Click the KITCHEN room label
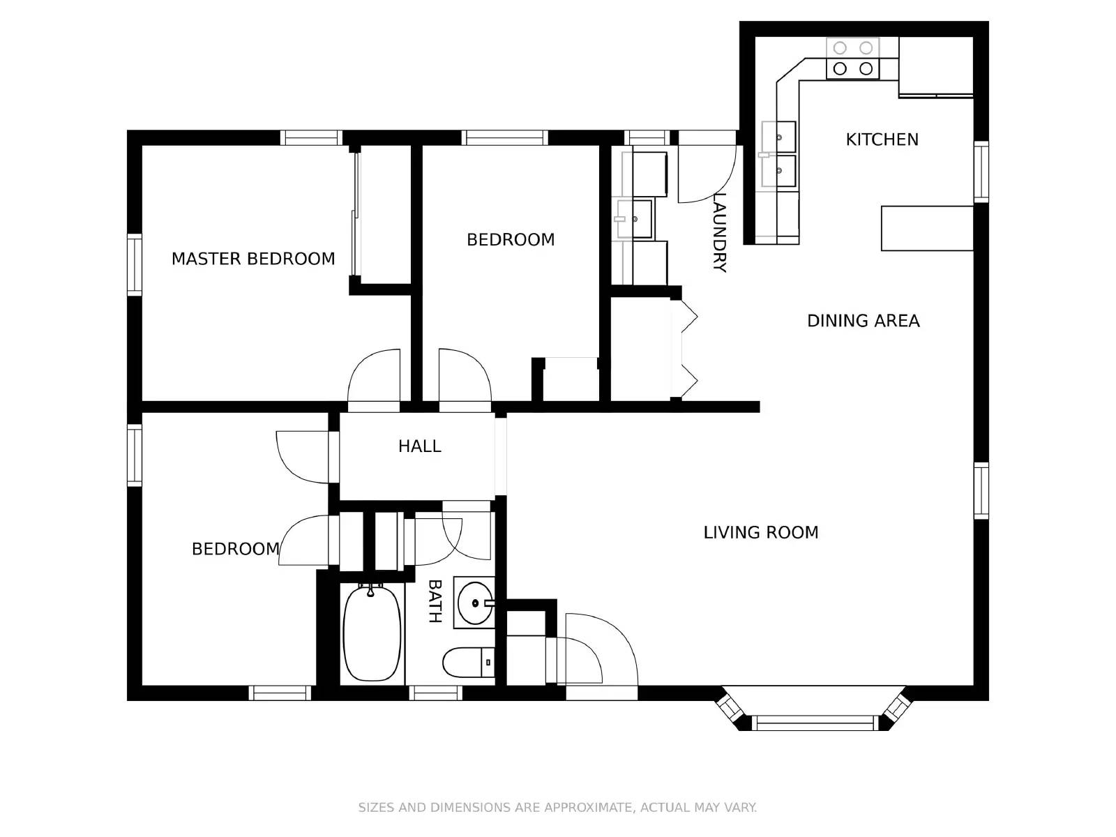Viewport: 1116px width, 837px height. [882, 139]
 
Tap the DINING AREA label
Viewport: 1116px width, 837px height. [863, 321]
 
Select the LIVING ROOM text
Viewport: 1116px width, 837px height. [760, 532]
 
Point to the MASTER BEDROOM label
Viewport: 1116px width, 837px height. [253, 259]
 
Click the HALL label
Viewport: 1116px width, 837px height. [419, 446]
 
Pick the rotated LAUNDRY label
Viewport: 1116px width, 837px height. [719, 232]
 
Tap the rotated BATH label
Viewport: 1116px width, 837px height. [435, 601]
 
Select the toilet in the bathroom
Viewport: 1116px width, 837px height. [468, 662]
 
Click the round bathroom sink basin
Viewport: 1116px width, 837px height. [476, 603]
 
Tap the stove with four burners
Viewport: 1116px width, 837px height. [852, 58]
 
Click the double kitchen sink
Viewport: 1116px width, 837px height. [778, 154]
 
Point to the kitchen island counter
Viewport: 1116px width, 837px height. [927, 228]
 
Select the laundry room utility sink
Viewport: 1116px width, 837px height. [634, 219]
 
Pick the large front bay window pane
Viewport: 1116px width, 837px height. [815, 723]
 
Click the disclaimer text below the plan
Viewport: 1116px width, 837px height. [557, 808]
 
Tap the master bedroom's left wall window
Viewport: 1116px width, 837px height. [134, 264]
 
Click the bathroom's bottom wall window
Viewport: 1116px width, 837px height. [436, 693]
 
